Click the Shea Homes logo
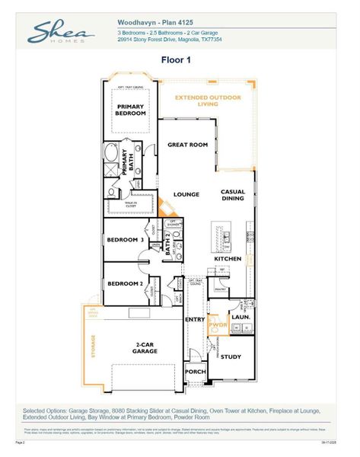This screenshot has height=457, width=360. [x=60, y=32]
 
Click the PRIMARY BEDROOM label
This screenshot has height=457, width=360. [x=130, y=109]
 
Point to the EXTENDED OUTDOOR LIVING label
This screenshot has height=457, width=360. [x=207, y=101]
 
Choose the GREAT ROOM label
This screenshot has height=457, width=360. [x=188, y=144]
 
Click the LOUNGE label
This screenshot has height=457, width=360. [x=186, y=194]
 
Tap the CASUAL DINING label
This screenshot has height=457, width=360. [x=232, y=195]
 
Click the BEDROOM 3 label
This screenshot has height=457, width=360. [x=125, y=240]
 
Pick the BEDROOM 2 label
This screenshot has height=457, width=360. [x=125, y=283]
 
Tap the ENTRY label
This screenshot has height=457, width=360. [x=195, y=319]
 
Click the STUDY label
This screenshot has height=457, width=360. [x=231, y=356]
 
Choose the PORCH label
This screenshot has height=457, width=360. [x=196, y=372]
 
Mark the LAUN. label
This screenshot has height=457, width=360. [x=241, y=316]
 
